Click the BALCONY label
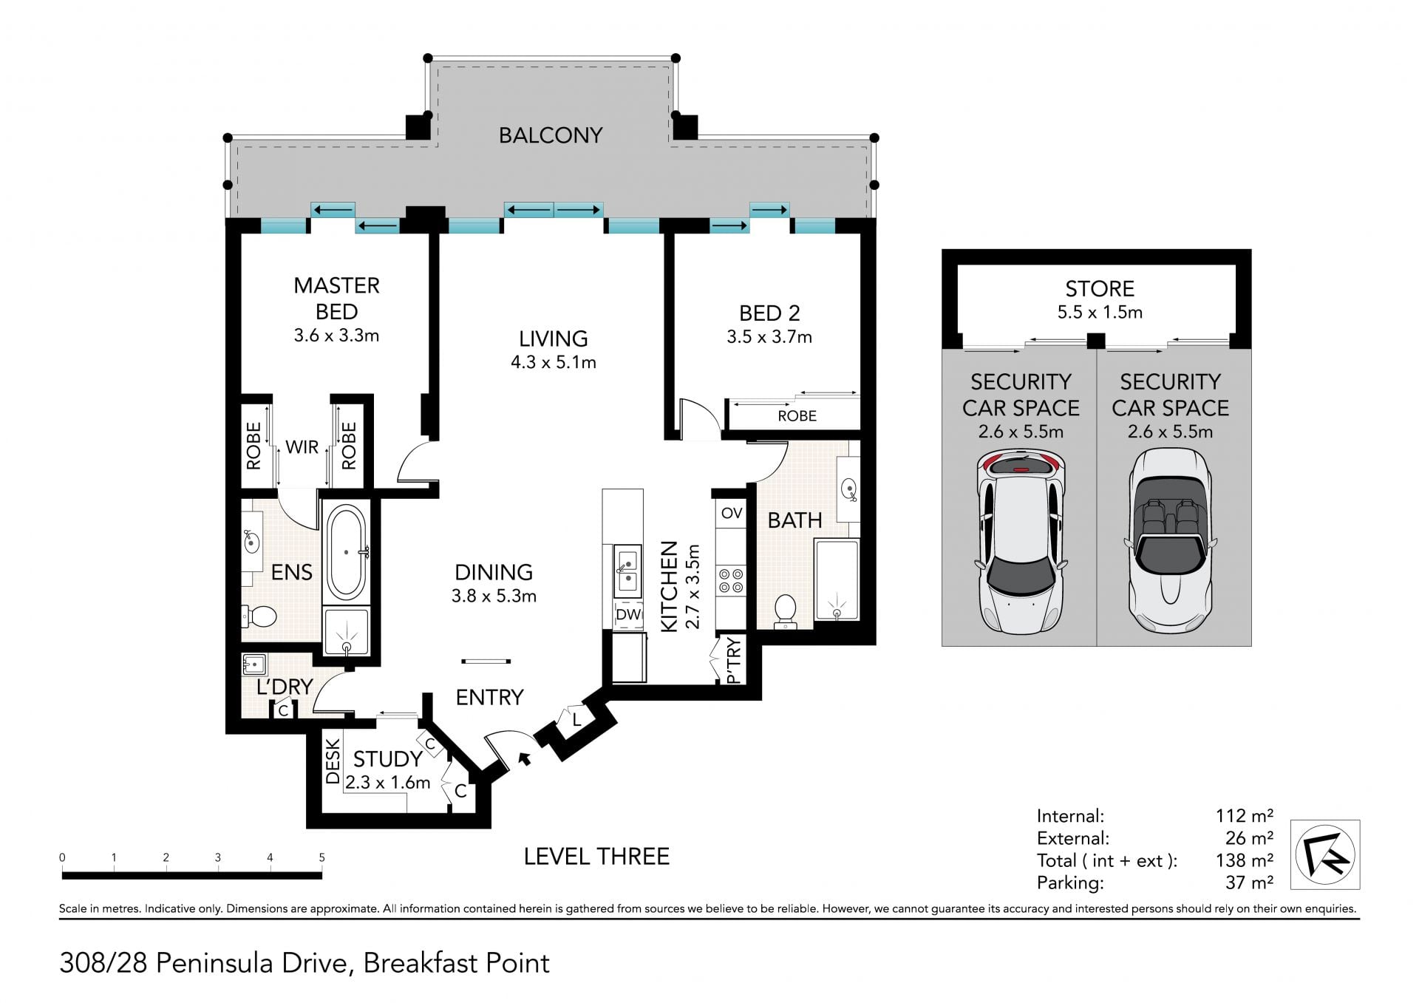pos(551,135)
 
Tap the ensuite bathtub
pos(346,552)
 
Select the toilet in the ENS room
pos(259,615)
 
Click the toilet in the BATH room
pos(785,611)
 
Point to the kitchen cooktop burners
pos(732,581)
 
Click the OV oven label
pos(732,513)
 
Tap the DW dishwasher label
pos(628,614)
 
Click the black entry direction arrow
pos(525,758)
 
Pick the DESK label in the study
pos(333,762)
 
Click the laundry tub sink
pos(255,664)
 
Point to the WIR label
pos(302,447)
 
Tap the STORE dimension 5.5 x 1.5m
pos(1100,312)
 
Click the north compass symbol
pos(1325,854)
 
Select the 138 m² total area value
pos(1245,860)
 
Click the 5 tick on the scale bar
pos(321,858)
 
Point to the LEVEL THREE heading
pos(596,857)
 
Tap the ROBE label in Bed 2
pos(797,416)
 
